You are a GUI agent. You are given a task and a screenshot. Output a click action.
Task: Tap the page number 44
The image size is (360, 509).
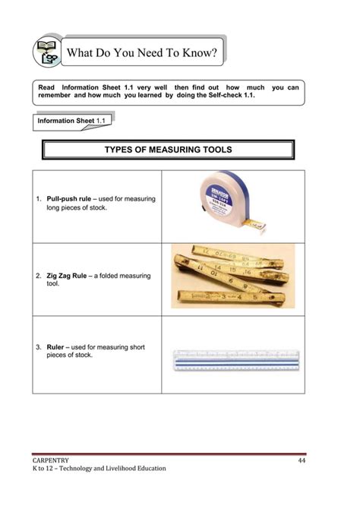point(301,461)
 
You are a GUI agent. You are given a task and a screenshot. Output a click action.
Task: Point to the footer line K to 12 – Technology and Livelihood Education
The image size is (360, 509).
point(99,469)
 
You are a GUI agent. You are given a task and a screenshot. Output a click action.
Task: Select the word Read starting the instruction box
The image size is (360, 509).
point(47,87)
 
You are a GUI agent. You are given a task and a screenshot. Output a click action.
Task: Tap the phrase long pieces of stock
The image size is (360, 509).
point(77,207)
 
